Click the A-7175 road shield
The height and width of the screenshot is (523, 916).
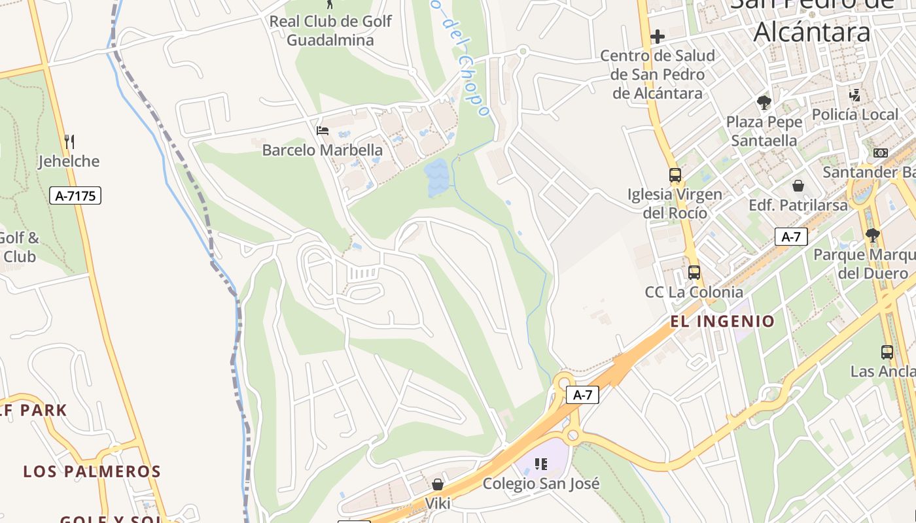[75, 195]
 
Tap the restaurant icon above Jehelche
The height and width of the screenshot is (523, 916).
[69, 141]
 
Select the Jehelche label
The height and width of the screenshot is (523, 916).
[69, 161]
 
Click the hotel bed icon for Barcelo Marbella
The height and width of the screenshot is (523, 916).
[322, 131]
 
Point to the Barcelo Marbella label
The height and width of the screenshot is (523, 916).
[322, 150]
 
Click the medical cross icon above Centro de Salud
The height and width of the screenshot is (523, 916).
[658, 37]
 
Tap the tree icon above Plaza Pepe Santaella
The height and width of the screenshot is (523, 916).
[764, 103]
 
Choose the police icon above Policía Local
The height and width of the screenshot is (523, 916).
[854, 95]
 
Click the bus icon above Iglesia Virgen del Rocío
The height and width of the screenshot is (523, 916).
[675, 175]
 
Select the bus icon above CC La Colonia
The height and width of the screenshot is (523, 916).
[694, 273]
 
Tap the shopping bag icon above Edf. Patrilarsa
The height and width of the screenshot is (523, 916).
[798, 186]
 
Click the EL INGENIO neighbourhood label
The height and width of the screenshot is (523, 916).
[722, 321]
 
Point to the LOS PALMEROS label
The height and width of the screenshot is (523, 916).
[92, 471]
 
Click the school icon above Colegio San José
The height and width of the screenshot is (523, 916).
[540, 464]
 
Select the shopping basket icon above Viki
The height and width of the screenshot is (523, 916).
[438, 484]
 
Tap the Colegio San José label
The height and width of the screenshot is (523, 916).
[540, 484]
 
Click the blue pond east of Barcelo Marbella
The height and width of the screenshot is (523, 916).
[436, 177]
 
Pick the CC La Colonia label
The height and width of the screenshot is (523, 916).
[694, 292]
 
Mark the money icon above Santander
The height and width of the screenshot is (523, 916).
[881, 153]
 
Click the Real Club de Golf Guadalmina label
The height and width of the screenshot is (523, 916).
[330, 30]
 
